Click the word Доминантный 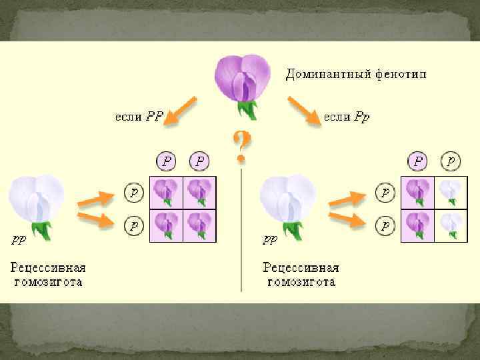[x=325, y=73]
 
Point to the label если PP [x=139, y=117]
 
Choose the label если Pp [x=347, y=117]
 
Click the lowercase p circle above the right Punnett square [x=451, y=161]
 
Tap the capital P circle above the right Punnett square [x=418, y=161]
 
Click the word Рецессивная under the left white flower [x=47, y=268]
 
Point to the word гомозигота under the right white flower [x=301, y=282]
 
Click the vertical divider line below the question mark [x=241, y=233]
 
